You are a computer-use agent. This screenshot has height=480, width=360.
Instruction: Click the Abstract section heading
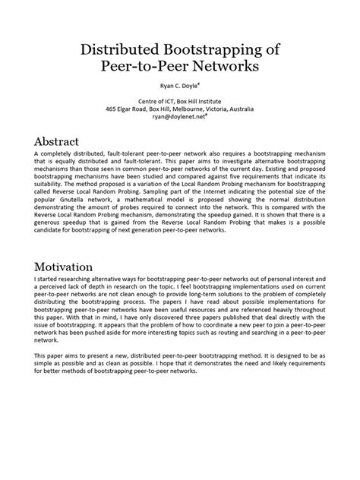[x=65, y=142]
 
